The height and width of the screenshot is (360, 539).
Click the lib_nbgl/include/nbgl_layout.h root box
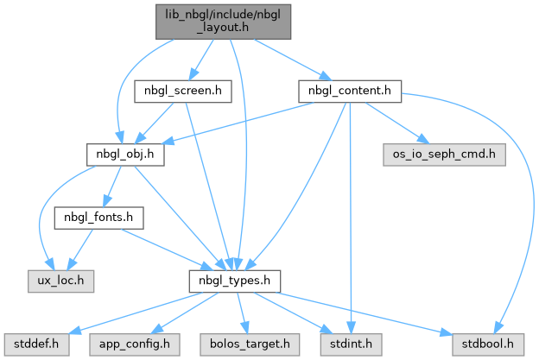click(x=223, y=22)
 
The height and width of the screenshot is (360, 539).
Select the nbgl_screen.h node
click(x=183, y=91)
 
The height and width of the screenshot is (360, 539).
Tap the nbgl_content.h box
click(x=350, y=91)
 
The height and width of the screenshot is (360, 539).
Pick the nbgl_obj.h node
click(x=125, y=155)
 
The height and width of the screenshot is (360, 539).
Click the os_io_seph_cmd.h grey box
click(x=444, y=155)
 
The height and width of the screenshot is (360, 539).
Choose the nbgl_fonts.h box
click(x=98, y=218)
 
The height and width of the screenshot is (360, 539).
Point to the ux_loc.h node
click(x=60, y=281)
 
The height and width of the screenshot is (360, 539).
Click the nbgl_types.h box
click(x=234, y=281)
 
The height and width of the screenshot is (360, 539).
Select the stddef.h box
click(x=37, y=344)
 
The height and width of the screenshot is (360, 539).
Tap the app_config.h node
click(x=135, y=344)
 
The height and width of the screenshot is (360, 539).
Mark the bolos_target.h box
click(x=250, y=344)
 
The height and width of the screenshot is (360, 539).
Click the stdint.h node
click(x=351, y=344)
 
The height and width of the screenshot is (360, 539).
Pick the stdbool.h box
click(x=488, y=344)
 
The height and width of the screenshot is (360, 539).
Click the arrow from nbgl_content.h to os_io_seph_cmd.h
click(x=397, y=123)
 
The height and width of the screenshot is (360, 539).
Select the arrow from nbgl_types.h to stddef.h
click(x=136, y=313)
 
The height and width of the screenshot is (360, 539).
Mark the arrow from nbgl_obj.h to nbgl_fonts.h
click(x=112, y=186)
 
